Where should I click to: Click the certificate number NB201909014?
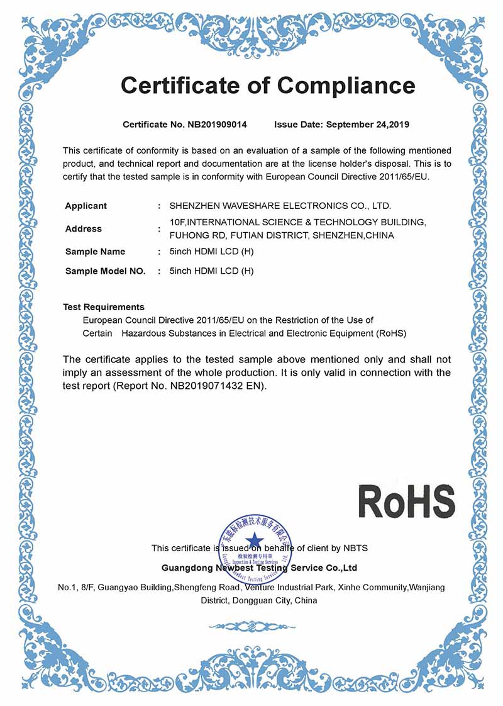click(217, 125)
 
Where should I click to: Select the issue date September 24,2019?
click(367, 125)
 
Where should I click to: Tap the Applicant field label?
click(86, 206)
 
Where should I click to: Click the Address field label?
click(84, 229)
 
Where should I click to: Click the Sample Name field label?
click(95, 252)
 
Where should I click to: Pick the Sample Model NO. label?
click(105, 271)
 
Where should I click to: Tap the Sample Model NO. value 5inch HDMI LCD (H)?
click(211, 271)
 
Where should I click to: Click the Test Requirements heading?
click(104, 307)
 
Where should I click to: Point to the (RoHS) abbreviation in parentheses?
click(391, 333)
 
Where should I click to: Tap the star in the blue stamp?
click(255, 540)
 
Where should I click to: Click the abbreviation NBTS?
click(355, 548)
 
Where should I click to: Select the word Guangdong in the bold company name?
click(187, 568)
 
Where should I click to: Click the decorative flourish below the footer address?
click(251, 626)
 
